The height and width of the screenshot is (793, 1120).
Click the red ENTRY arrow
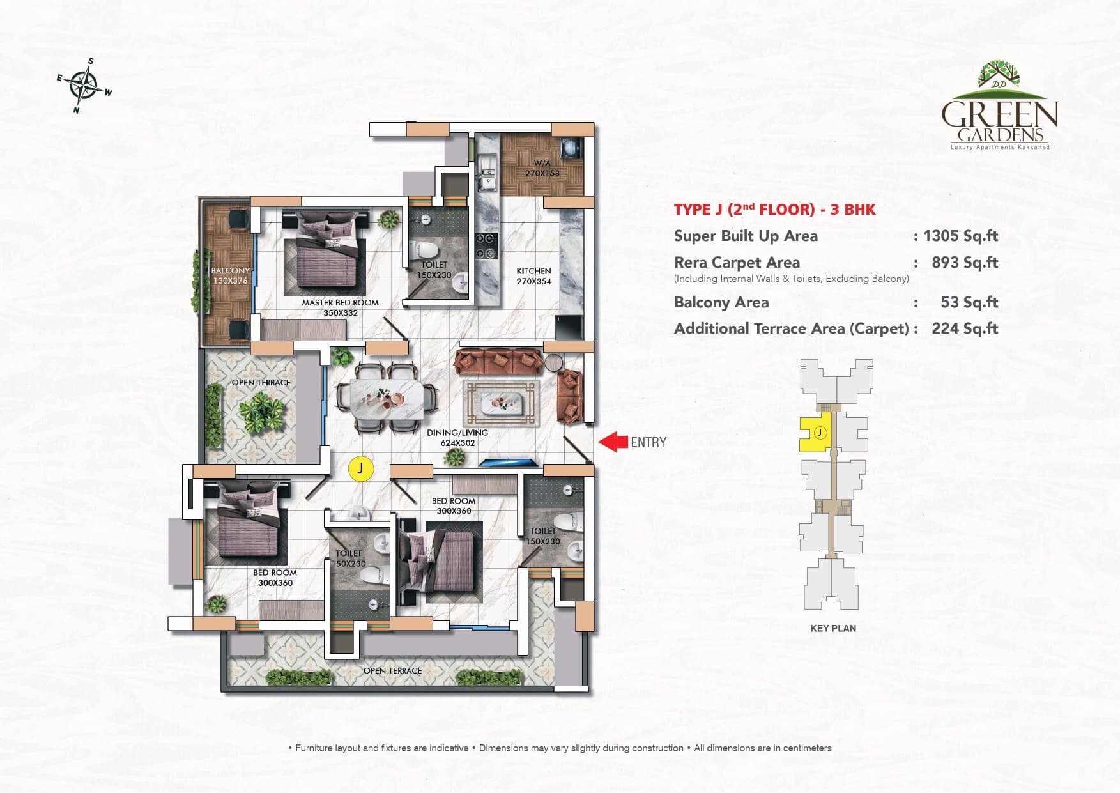(x=613, y=442)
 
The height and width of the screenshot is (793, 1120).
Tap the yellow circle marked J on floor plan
(x=360, y=468)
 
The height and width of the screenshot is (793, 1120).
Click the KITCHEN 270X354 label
(x=533, y=276)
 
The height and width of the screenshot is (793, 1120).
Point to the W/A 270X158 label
(x=542, y=168)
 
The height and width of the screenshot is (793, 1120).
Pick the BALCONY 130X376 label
(x=230, y=275)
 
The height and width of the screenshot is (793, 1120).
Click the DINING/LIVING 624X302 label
(x=457, y=437)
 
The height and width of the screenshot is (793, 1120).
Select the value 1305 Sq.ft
(x=960, y=236)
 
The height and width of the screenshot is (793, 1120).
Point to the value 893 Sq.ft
(x=965, y=263)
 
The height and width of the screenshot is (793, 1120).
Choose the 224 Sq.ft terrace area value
(x=965, y=328)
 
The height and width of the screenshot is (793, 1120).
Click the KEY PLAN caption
(x=833, y=628)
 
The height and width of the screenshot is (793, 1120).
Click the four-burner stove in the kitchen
(x=487, y=246)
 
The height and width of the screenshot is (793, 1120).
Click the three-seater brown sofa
(x=499, y=361)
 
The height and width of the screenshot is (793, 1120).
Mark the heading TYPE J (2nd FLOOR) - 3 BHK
(x=774, y=210)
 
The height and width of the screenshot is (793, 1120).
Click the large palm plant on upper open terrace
(x=261, y=412)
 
